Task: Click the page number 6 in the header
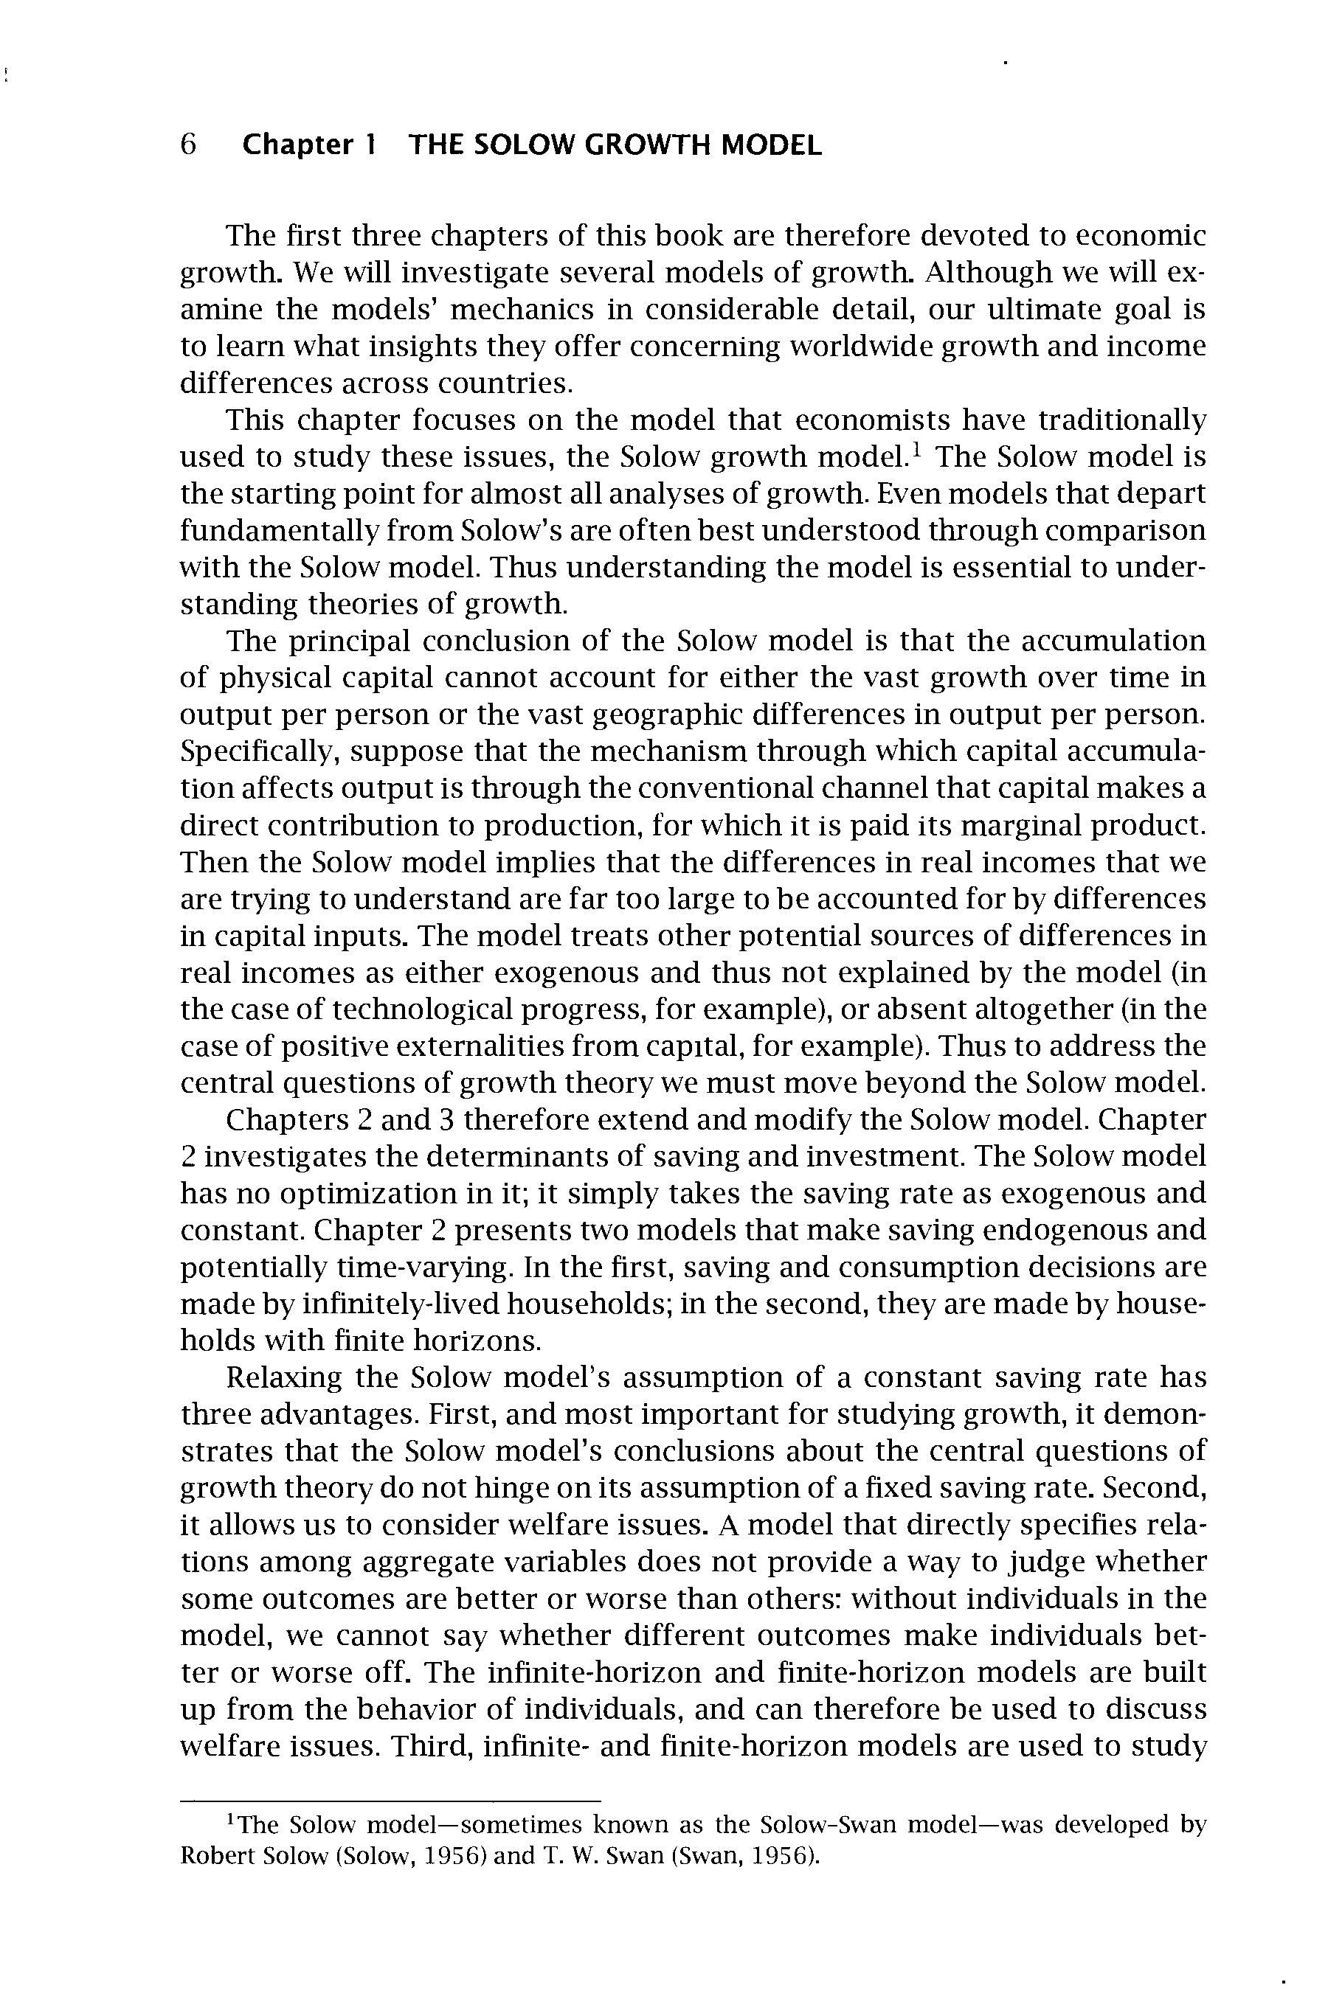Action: tap(188, 145)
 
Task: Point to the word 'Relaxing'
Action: tap(284, 1378)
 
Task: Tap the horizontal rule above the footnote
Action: tap(390, 1800)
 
